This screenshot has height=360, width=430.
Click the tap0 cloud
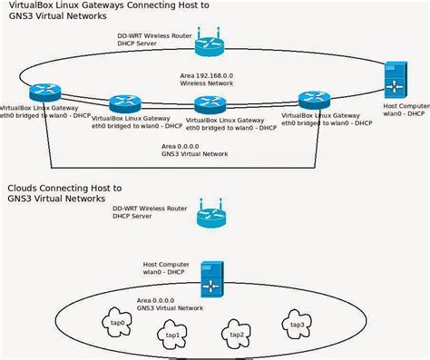(x=117, y=323)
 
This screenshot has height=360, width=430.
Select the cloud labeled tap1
(x=172, y=335)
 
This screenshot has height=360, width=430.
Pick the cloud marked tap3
(x=295, y=324)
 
